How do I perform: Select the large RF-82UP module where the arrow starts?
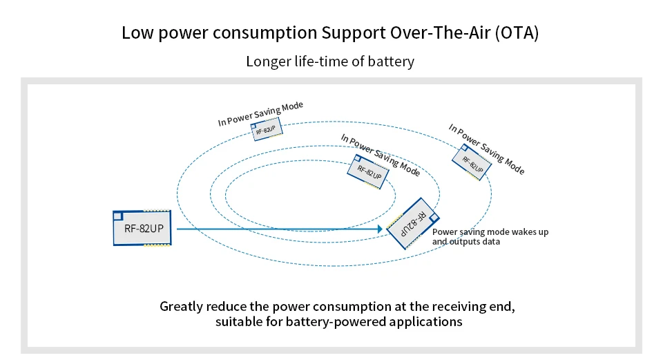tap(143, 227)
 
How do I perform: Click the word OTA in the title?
tap(515, 33)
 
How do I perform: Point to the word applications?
tap(427, 322)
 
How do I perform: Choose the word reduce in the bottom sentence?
tap(234, 305)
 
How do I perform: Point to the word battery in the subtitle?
tap(392, 61)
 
